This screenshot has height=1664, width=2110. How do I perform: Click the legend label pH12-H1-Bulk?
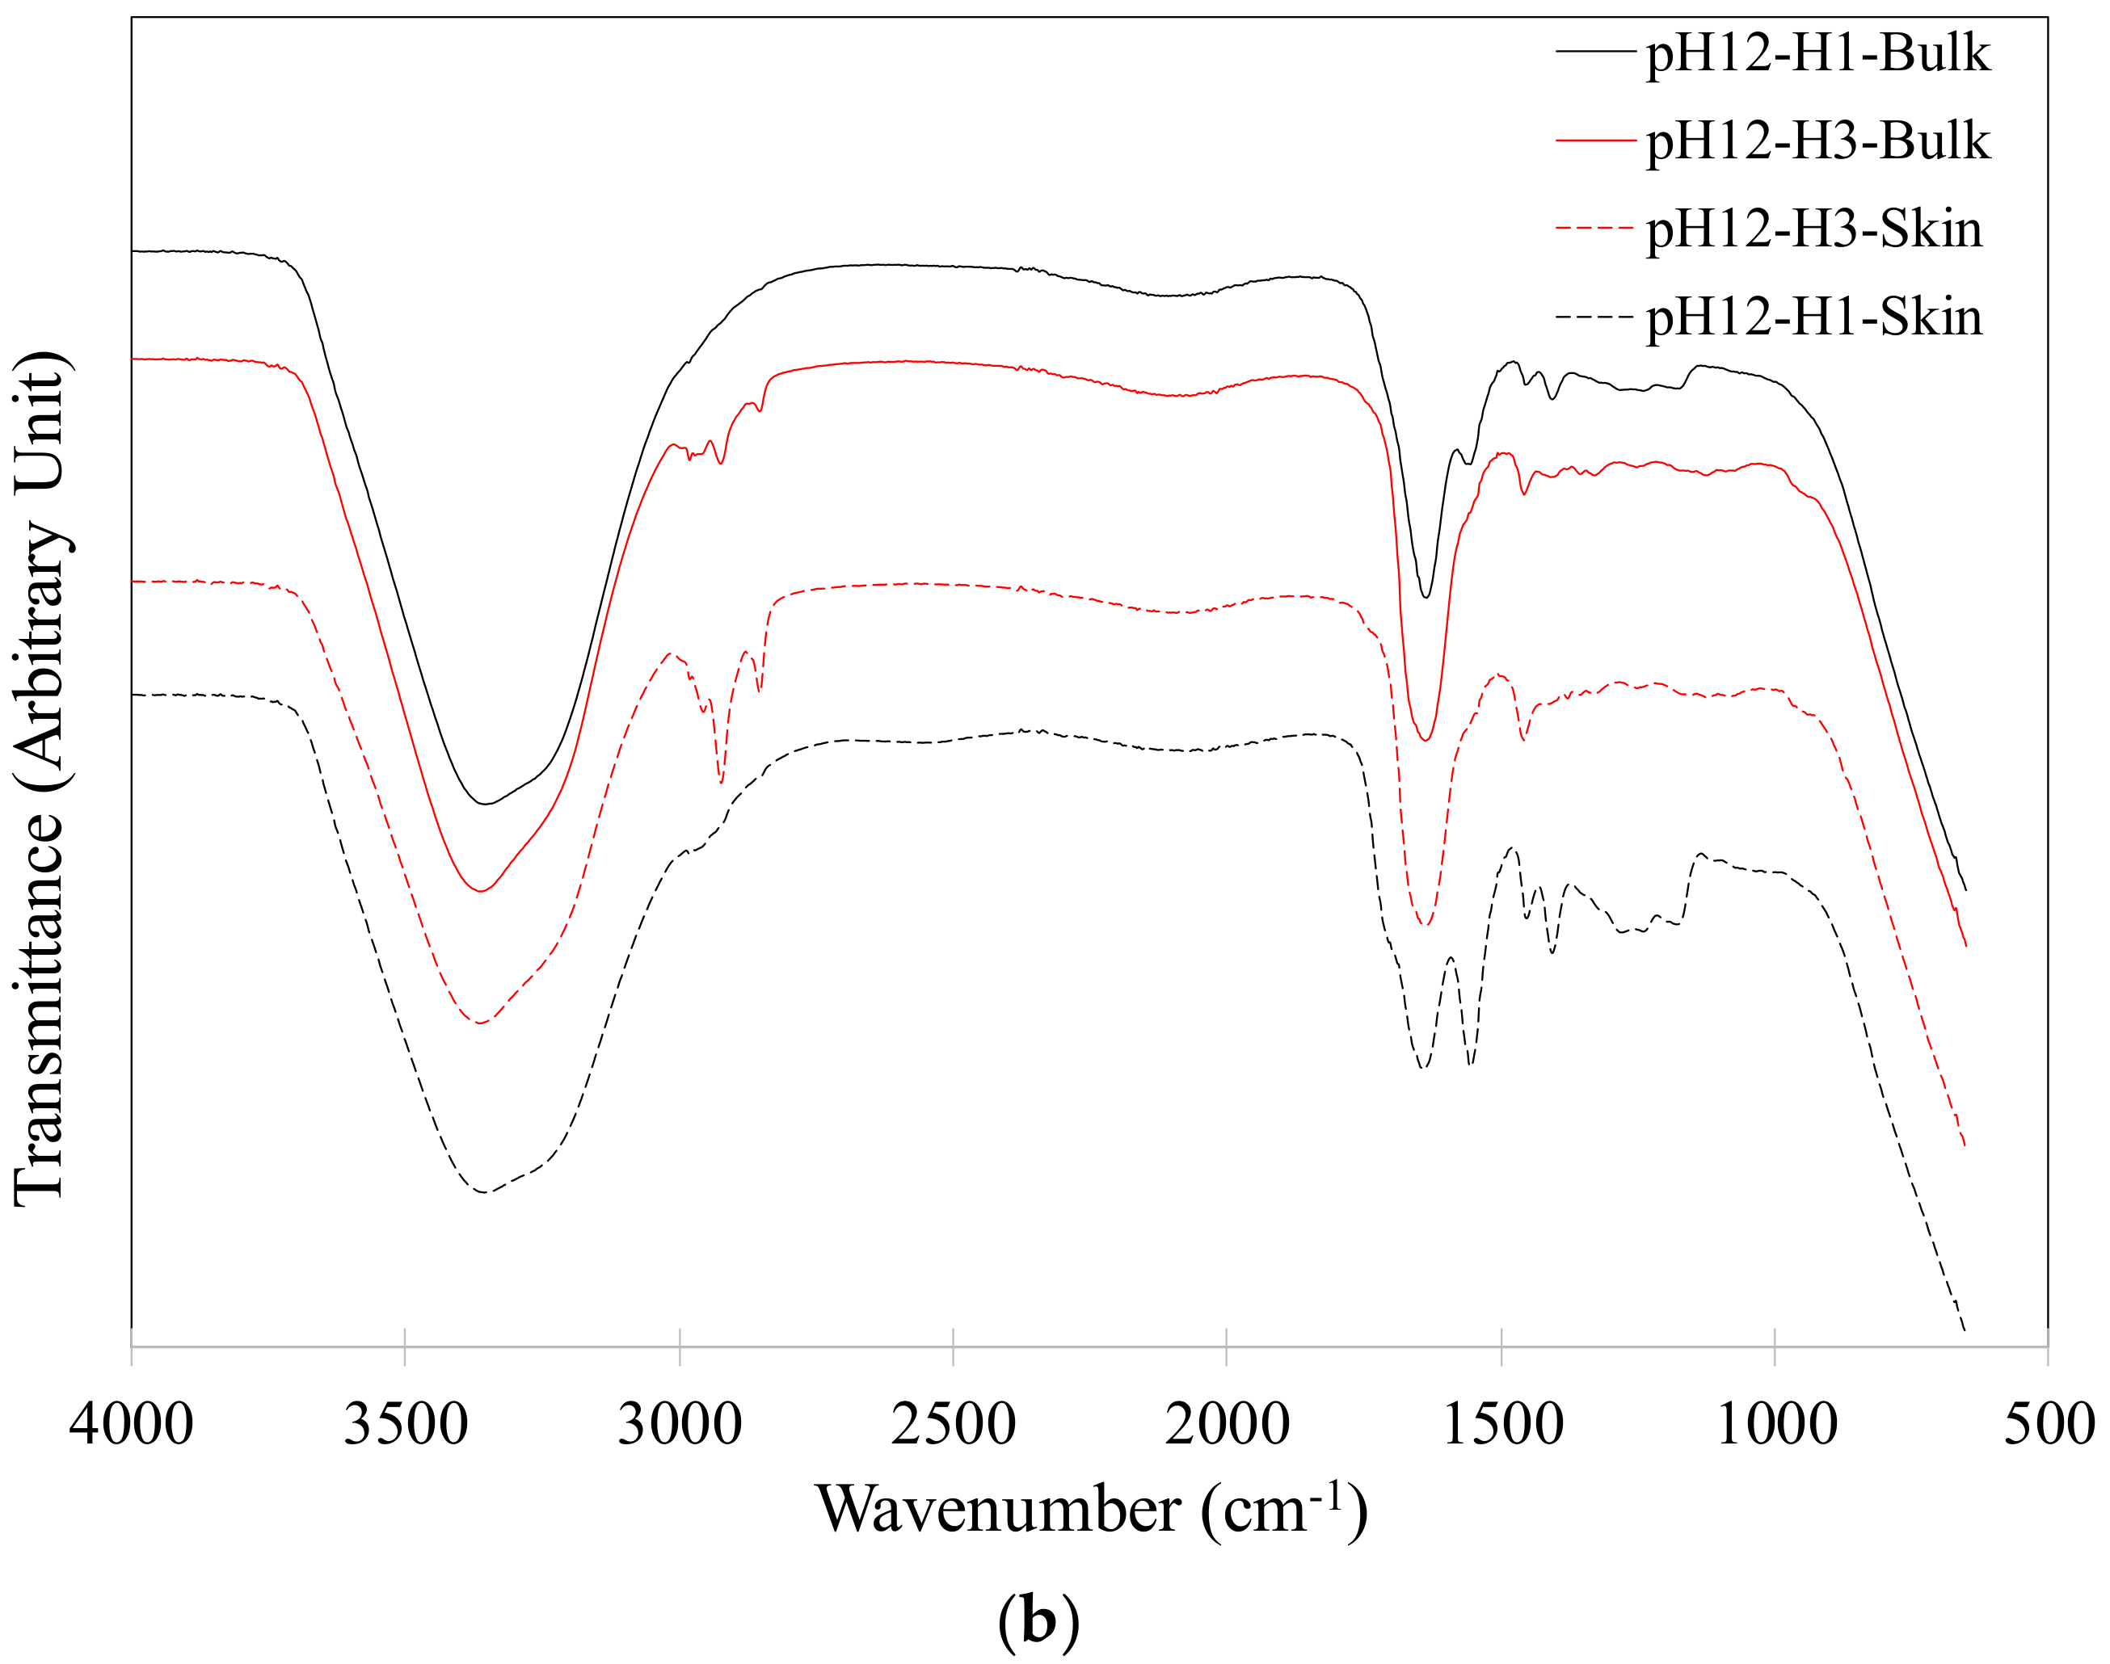pos(1817,53)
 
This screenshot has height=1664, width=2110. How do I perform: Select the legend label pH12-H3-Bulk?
pos(1817,142)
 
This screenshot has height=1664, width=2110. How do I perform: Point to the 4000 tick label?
pos(131,1424)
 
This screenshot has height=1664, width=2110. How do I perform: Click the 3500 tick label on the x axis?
pos(406,1424)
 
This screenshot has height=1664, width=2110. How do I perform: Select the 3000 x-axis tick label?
pos(680,1424)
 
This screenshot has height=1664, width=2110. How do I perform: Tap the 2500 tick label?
pos(953,1424)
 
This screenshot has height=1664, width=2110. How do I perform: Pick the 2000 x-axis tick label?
pos(1227,1424)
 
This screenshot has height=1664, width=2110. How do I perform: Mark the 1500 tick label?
pos(1501,1424)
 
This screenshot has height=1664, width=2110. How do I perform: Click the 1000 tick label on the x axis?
pos(1775,1424)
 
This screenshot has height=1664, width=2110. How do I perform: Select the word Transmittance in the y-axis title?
pos(41,1008)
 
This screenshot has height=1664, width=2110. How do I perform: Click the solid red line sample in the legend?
pos(1594,141)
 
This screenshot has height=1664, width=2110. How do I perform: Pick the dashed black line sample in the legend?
pos(1594,317)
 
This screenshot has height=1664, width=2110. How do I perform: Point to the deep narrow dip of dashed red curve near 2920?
pos(720,781)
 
